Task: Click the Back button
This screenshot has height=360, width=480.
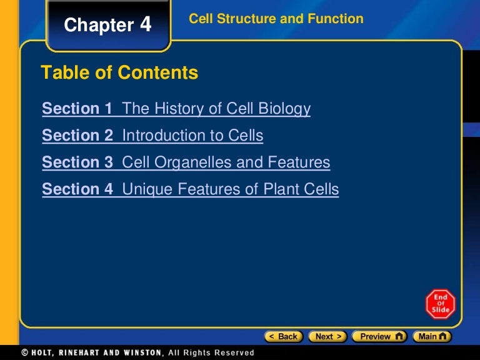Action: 283,336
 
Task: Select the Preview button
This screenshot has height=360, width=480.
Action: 379,336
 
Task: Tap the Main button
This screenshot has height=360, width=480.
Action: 432,336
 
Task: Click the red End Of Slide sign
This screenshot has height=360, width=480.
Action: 441,304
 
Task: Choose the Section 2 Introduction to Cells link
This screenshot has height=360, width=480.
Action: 152,136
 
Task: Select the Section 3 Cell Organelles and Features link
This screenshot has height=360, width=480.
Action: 186,162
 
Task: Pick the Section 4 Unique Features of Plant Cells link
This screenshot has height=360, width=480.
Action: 190,189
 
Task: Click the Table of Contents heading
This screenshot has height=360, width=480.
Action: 119,73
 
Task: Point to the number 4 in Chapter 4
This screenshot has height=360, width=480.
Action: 145,24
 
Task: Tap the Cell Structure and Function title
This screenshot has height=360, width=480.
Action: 276,19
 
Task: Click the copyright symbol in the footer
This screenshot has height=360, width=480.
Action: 24,352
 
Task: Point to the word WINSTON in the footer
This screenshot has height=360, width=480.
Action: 140,352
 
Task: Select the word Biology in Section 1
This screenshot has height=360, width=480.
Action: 285,109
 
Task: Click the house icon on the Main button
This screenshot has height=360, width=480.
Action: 443,336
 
